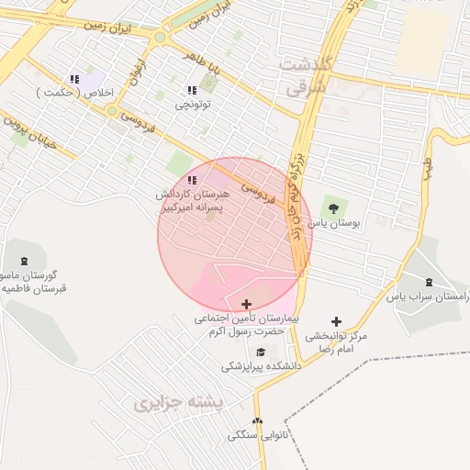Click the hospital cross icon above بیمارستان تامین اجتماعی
click(x=246, y=304)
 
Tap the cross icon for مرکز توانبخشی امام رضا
click(x=337, y=322)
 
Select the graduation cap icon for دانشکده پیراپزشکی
click(x=261, y=352)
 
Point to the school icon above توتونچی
click(x=192, y=90)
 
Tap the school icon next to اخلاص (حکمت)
click(x=74, y=79)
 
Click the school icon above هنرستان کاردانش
click(x=192, y=180)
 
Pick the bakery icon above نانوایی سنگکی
click(x=257, y=420)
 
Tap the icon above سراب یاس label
click(x=431, y=281)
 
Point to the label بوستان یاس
click(x=332, y=223)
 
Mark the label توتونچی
click(x=193, y=105)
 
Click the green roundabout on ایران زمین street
click(x=161, y=38)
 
